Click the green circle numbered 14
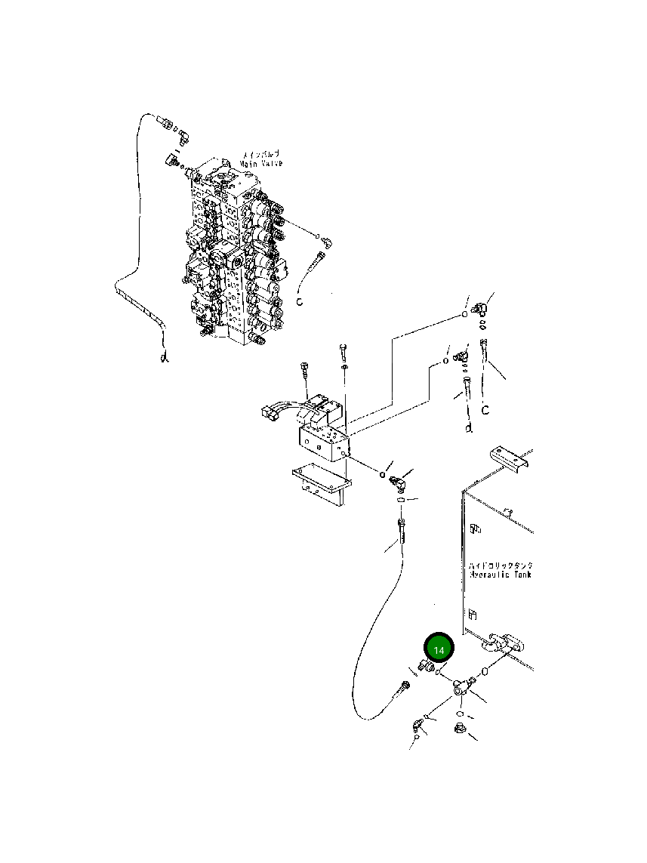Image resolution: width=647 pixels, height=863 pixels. click(x=439, y=649)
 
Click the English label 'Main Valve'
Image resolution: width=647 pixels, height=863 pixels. click(x=261, y=163)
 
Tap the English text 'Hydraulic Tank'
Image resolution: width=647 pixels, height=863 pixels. click(x=499, y=575)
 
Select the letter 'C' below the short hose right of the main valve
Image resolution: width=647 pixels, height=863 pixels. click(x=299, y=301)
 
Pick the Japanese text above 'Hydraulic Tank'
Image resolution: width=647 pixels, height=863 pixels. click(x=500, y=565)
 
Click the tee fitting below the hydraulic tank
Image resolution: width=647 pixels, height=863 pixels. click(x=461, y=686)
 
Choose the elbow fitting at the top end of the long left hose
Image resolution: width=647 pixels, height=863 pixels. click(x=183, y=135)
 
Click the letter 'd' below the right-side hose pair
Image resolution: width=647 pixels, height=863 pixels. click(x=468, y=428)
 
